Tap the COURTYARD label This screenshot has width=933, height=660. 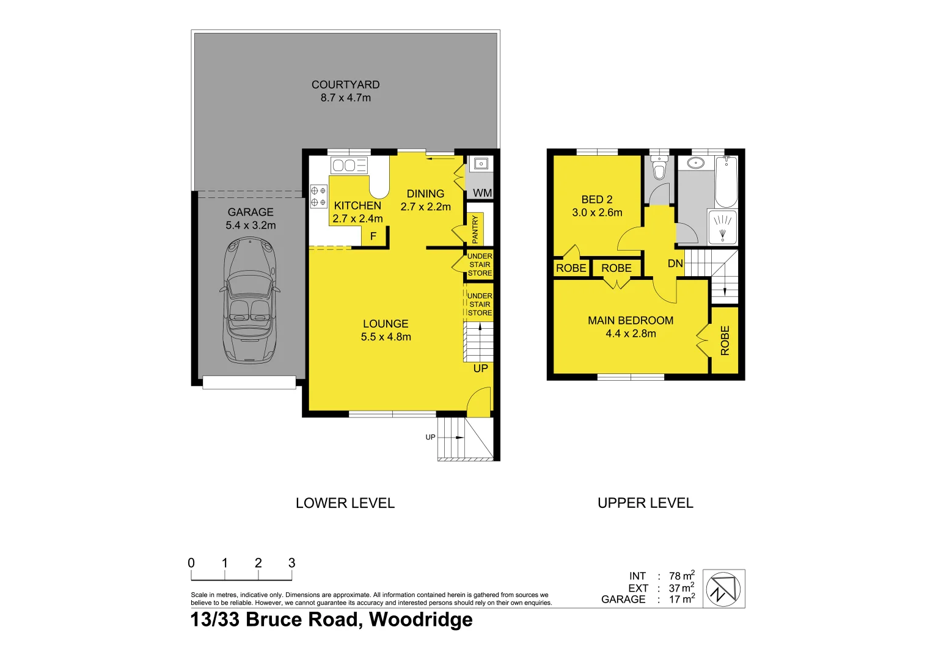pos(345,85)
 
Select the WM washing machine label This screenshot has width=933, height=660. pos(482,193)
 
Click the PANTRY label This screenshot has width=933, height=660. pos(475,229)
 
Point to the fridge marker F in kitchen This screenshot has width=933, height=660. pos(373,237)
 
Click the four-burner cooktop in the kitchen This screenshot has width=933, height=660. pos(318,196)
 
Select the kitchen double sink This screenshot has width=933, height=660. pos(349,165)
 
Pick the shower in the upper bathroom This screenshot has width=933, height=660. pos(723,227)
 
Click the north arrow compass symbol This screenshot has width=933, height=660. pos(723,589)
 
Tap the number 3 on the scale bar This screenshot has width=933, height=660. pos(291,563)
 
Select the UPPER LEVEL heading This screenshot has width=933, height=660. pos(645,503)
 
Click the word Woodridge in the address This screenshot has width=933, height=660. pos(420,620)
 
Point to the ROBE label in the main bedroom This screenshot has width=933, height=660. pos(725,340)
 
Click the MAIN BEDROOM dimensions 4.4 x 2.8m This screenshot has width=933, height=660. pos(631,334)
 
